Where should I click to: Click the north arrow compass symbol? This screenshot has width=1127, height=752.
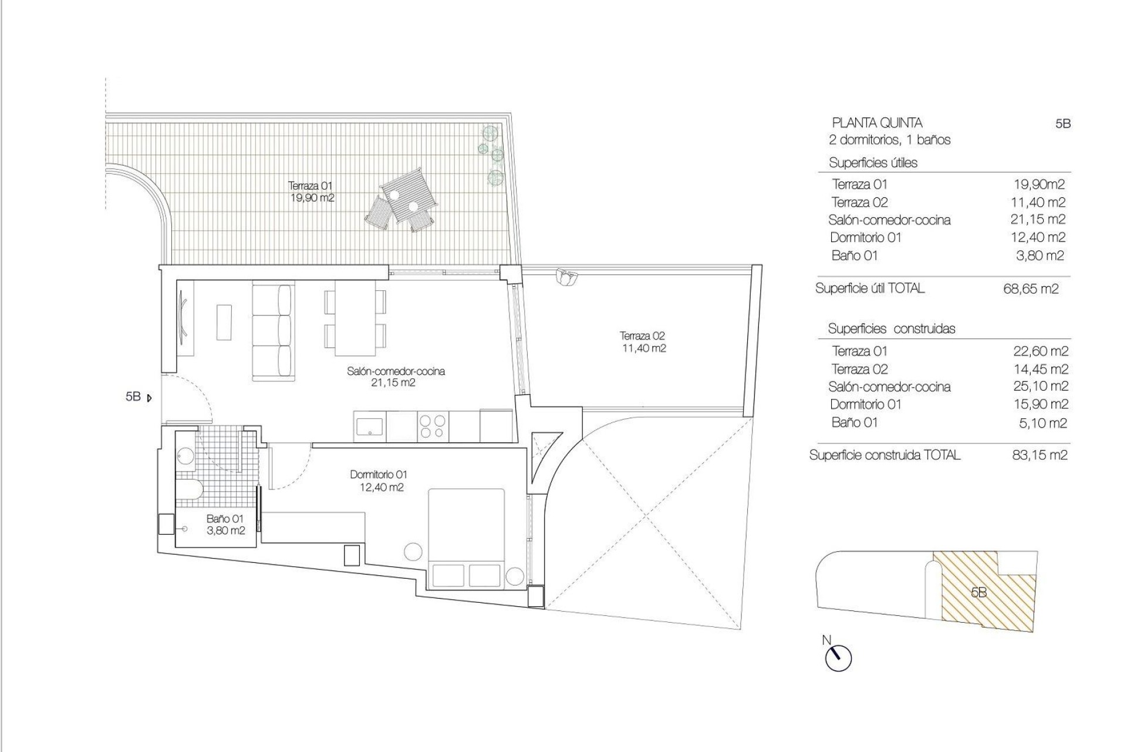[838, 659]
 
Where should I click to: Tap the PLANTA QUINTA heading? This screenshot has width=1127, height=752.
[877, 123]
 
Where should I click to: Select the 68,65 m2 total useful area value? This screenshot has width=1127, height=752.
[1031, 289]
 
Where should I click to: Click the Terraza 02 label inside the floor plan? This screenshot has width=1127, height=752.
[643, 342]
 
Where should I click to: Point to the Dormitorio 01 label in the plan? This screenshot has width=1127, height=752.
[378, 481]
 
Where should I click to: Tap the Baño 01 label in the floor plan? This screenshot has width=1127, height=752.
[225, 525]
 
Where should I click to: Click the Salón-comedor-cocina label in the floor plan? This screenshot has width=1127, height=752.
[396, 377]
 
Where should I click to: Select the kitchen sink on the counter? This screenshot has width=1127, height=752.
[370, 425]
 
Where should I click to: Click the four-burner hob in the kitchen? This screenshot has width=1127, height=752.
[433, 426]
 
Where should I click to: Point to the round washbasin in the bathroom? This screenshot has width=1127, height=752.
[185, 456]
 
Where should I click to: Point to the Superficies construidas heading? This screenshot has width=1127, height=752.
[891, 329]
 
